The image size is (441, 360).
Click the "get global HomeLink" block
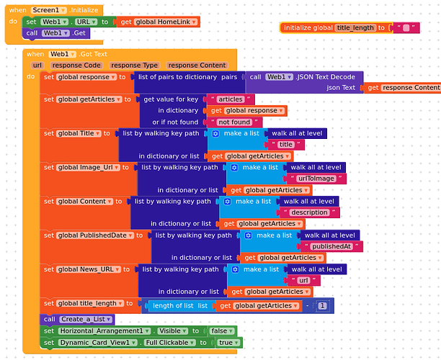pyautogui.click(x=158, y=22)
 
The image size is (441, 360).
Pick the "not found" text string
pyautogui.click(x=234, y=122)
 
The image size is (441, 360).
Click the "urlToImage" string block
pyautogui.click(x=316, y=179)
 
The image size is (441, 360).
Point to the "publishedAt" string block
pyautogui.click(x=331, y=246)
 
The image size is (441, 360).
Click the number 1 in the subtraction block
pyautogui.click(x=322, y=306)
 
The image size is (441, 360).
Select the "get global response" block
pyautogui.click(x=247, y=111)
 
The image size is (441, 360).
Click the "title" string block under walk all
pyautogui.click(x=285, y=145)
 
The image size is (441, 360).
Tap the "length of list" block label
pyautogui.click(x=179, y=306)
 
